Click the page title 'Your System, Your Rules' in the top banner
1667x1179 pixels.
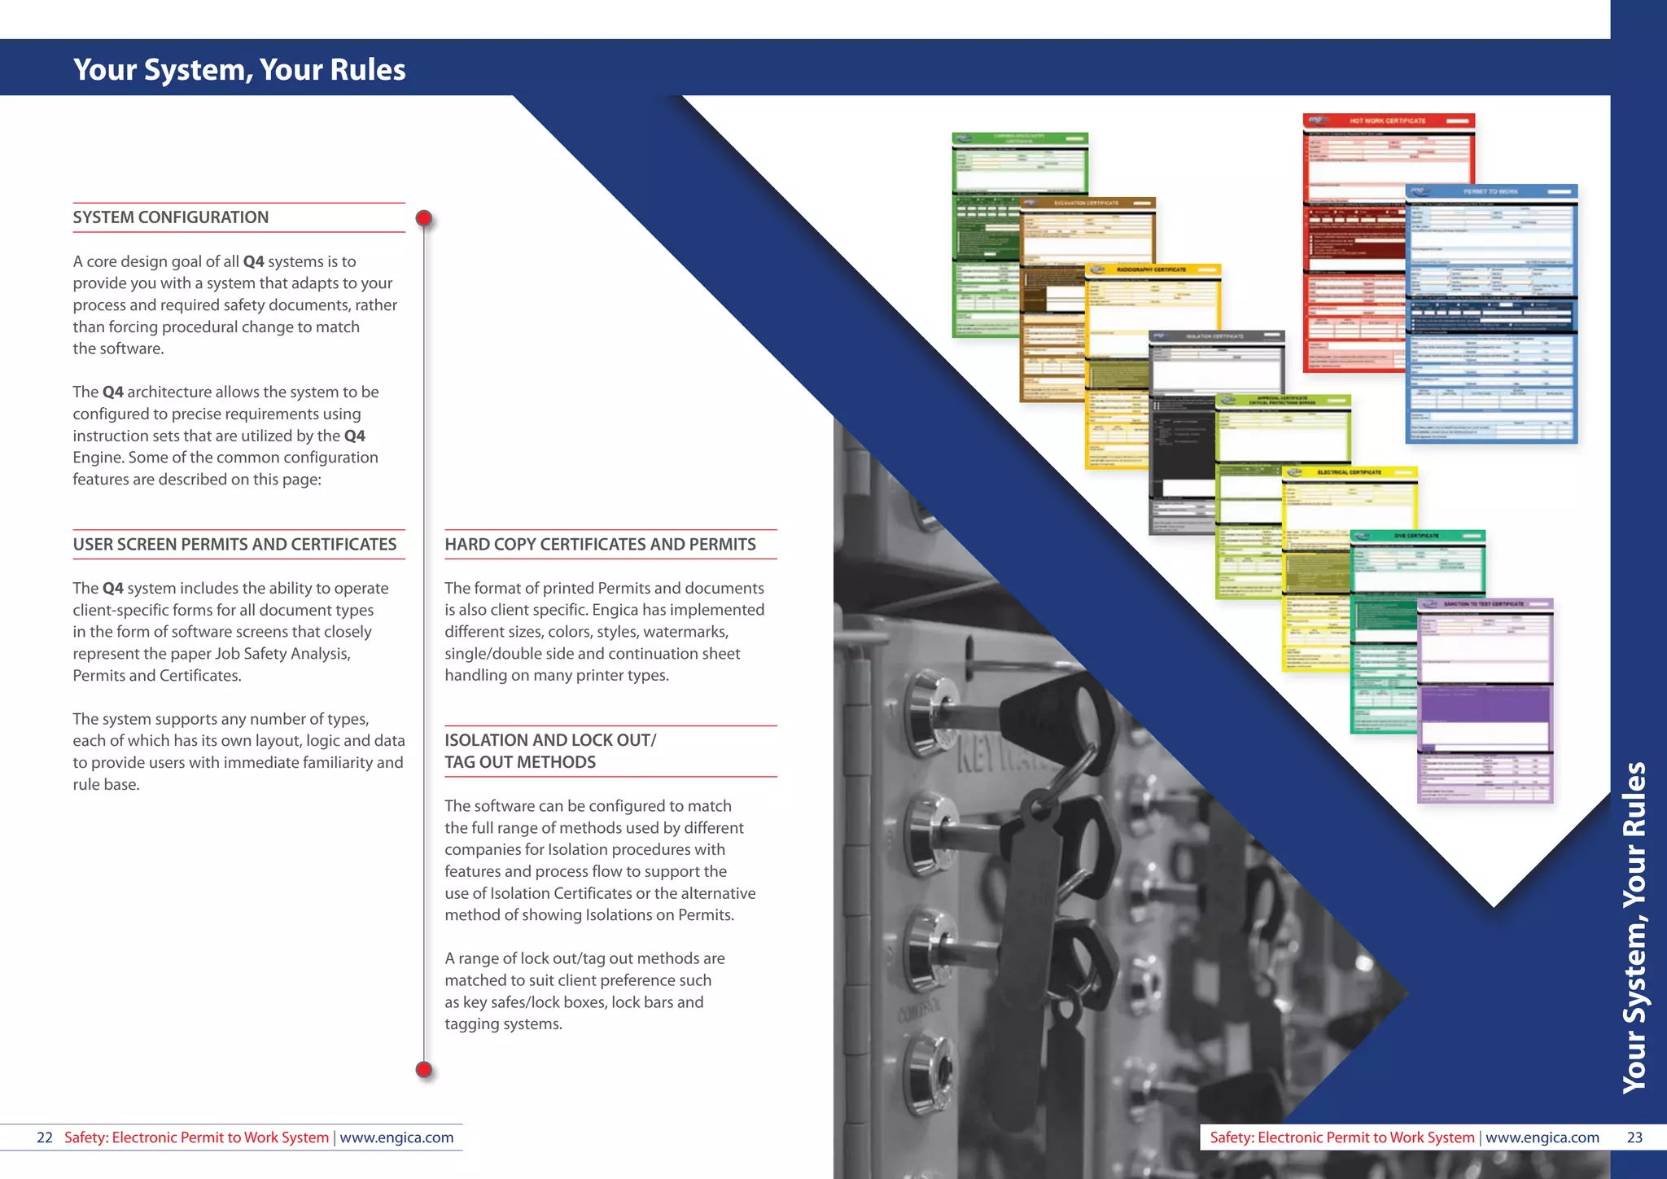click(239, 70)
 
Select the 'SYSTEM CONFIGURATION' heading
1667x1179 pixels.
click(171, 217)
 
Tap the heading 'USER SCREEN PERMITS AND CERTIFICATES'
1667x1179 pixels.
click(234, 545)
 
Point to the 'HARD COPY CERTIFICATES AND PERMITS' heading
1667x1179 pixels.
click(600, 545)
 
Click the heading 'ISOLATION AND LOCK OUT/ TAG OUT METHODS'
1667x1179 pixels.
click(550, 751)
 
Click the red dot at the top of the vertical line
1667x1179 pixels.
click(424, 218)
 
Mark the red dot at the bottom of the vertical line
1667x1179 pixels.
click(424, 1069)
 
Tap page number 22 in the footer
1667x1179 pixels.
click(45, 1137)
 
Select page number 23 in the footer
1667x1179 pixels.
click(1634, 1137)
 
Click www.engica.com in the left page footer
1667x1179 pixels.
click(396, 1137)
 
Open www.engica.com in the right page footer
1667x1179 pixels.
click(1542, 1137)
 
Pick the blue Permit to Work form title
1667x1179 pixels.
click(1490, 191)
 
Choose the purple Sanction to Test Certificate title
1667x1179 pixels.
click(1484, 604)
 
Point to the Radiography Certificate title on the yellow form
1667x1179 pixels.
click(1151, 270)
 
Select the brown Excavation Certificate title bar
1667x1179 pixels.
click(1086, 203)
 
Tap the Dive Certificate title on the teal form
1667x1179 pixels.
click(1416, 536)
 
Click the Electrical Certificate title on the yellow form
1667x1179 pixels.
click(1349, 472)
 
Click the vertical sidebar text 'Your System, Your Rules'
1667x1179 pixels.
click(1634, 928)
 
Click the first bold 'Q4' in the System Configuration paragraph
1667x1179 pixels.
click(253, 261)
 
